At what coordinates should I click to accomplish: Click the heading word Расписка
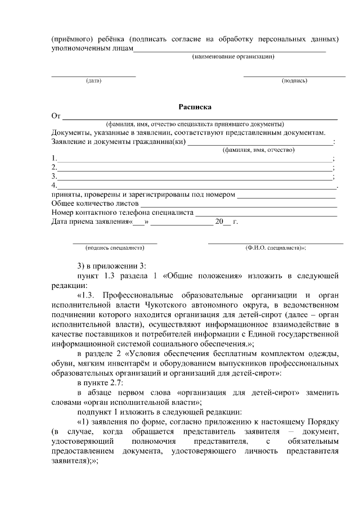(x=195, y=106)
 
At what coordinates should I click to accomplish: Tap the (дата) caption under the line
(x=93, y=81)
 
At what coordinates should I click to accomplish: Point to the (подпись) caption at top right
(x=294, y=81)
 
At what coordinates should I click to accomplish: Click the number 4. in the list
(x=54, y=185)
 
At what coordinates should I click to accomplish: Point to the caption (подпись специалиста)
(x=115, y=247)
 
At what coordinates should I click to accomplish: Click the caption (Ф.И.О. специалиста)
(x=275, y=247)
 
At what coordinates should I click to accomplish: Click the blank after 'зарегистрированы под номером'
(x=286, y=195)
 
